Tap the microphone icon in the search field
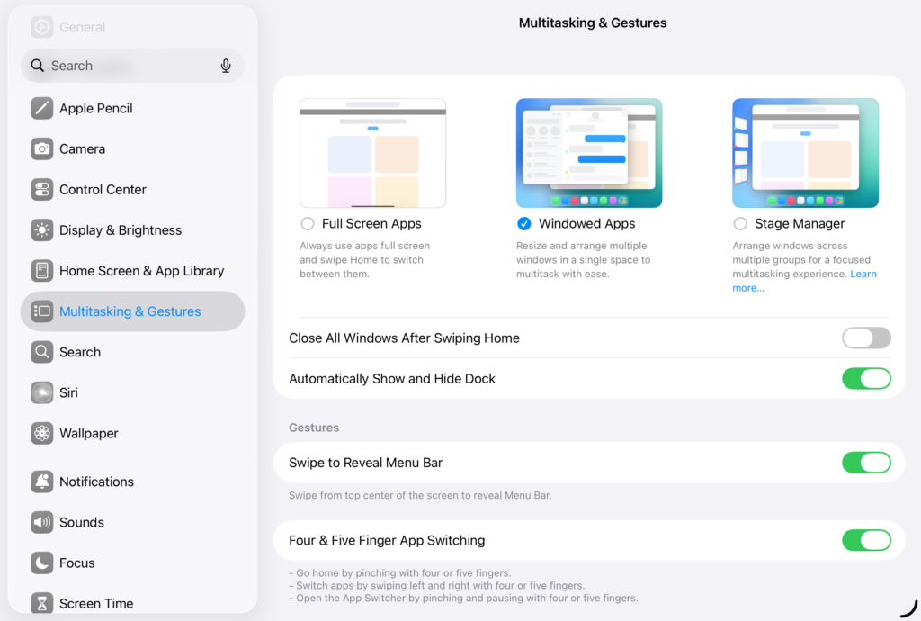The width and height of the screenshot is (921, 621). (226, 66)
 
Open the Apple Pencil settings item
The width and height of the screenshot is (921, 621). (95, 108)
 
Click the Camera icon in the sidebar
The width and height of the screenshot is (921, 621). (42, 148)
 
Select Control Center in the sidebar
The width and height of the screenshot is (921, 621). (103, 189)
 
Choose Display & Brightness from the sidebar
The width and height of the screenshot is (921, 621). (121, 229)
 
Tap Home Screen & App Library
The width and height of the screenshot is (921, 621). (141, 270)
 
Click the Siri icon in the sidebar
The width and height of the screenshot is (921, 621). (42, 392)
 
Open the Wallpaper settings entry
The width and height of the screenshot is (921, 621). (88, 433)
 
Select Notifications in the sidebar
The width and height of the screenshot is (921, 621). (96, 481)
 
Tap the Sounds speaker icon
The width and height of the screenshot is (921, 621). (42, 522)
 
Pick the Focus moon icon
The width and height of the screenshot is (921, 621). (42, 562)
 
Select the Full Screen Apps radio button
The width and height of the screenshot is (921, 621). (308, 223)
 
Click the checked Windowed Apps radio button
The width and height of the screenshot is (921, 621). (524, 223)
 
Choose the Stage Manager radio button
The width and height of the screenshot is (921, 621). (740, 223)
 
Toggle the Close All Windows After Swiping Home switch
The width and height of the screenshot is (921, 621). (865, 337)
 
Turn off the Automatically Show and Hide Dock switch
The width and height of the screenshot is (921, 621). (865, 378)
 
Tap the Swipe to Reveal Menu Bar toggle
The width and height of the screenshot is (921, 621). (865, 463)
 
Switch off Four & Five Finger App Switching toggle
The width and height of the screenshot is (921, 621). (865, 540)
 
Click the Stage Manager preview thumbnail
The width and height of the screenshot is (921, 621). (805, 153)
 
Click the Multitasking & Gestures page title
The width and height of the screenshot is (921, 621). (593, 22)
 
